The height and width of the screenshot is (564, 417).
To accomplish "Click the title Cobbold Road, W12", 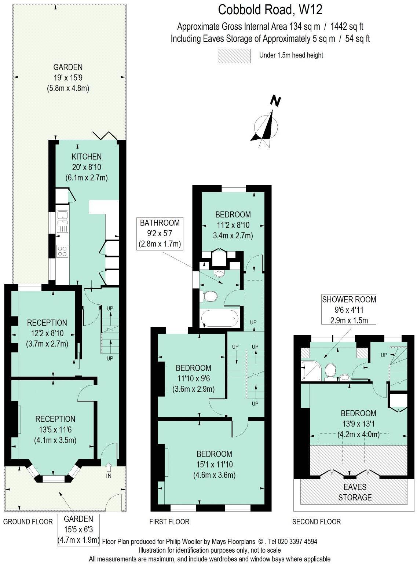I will coord(270,10).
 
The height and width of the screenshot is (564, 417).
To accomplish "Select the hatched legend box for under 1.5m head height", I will coord(234,56).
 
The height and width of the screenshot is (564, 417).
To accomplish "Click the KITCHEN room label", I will coord(87,157).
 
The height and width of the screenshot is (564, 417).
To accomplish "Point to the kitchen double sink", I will coord(62,221).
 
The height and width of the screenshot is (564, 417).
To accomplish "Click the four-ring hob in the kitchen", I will coord(62,251).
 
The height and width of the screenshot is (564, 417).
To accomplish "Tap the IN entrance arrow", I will coord(109,469).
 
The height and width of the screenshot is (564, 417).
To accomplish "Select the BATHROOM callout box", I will coord(160,233).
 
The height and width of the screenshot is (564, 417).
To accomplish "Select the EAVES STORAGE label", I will coord(355,492).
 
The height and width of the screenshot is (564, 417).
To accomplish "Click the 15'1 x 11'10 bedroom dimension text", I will coord(214,464).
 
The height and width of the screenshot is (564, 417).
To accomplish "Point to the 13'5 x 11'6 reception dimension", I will coord(55,429).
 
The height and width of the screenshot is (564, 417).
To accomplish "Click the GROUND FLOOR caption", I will coord(28,521).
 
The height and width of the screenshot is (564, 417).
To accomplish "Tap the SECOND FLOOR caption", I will coord(316,521).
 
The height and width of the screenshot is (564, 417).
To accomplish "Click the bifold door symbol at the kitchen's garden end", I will coord(105,136).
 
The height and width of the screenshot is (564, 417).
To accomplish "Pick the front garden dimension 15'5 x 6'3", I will coord(78,529).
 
